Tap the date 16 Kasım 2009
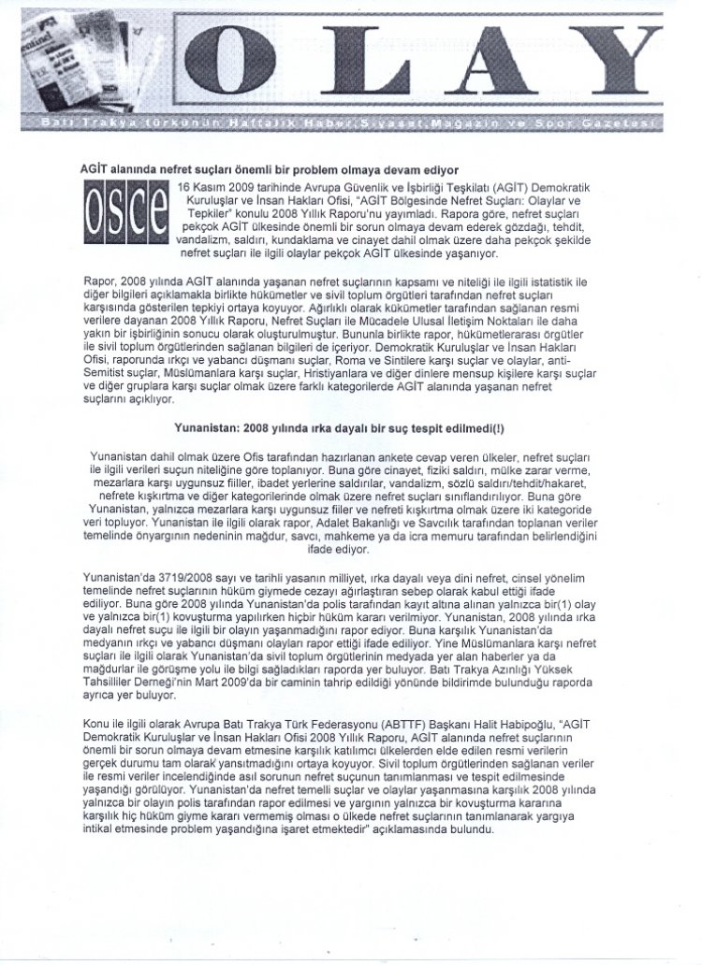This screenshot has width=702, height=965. click(220, 188)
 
